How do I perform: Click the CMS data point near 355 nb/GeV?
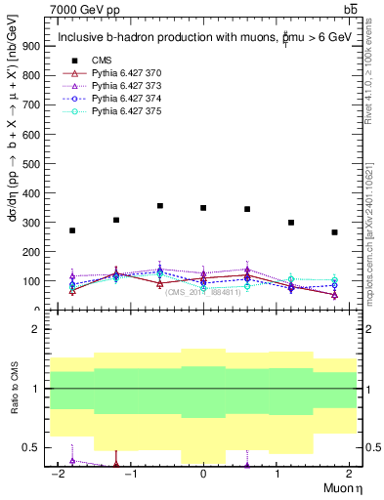(x=160, y=206)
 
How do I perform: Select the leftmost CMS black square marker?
(x=72, y=230)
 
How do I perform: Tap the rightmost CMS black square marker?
(x=334, y=232)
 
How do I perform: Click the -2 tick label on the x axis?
(x=59, y=474)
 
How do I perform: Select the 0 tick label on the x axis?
(x=203, y=474)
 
